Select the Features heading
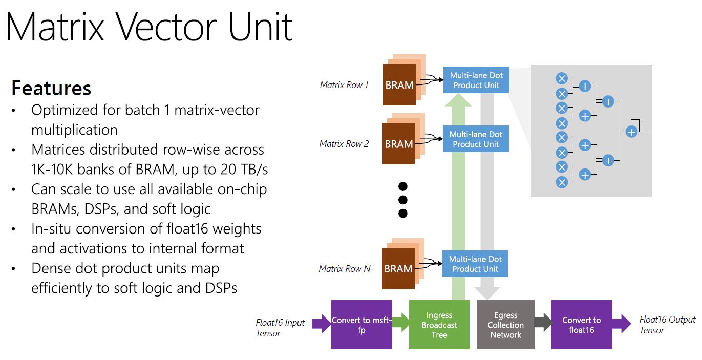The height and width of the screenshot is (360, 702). pyautogui.click(x=51, y=88)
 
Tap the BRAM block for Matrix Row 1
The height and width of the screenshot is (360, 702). pyautogui.click(x=399, y=85)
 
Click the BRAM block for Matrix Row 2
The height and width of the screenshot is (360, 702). pyautogui.click(x=399, y=144)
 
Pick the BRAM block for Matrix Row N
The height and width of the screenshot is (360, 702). pyautogui.click(x=399, y=268)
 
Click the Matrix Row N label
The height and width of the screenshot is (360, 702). pyautogui.click(x=344, y=268)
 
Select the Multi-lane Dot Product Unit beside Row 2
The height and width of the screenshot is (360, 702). pyautogui.click(x=476, y=139)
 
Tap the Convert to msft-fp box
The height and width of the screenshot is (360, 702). pyautogui.click(x=361, y=325)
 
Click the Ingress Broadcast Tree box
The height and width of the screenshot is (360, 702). pyautogui.click(x=439, y=325)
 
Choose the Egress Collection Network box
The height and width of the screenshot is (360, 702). pyautogui.click(x=506, y=325)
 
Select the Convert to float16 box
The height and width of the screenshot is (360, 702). pyautogui.click(x=581, y=325)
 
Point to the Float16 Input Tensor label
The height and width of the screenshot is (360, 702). pyautogui.click(x=280, y=328)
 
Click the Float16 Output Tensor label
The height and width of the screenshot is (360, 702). pyautogui.click(x=667, y=325)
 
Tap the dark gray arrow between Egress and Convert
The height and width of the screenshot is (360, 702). pyautogui.click(x=543, y=323)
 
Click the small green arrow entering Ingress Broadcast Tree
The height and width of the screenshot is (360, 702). pyautogui.click(x=401, y=323)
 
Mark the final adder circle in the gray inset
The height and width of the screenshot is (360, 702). pyautogui.click(x=631, y=132)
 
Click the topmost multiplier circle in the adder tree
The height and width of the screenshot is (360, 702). pyautogui.click(x=562, y=78)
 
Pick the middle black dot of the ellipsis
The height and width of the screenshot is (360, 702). pyautogui.click(x=402, y=199)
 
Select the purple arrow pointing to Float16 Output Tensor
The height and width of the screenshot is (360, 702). pyautogui.click(x=622, y=323)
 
